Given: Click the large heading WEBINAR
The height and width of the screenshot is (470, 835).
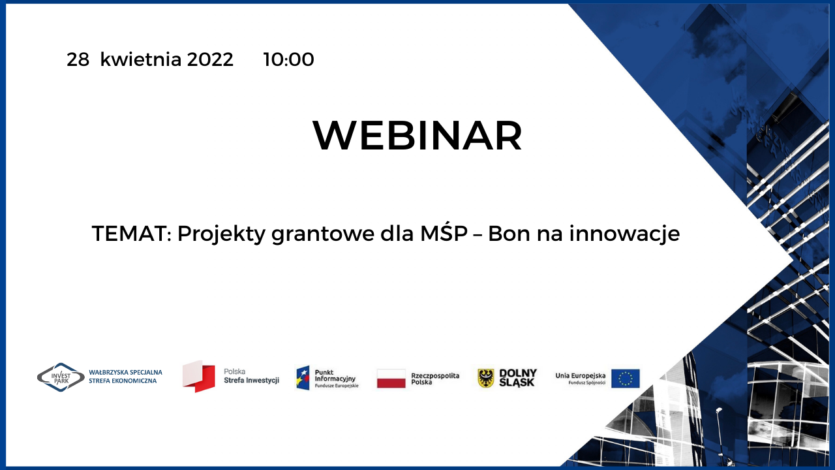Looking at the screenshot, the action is [417, 135].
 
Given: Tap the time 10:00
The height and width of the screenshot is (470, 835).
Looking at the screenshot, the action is [288, 59].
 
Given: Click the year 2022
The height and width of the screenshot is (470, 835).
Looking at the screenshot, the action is [210, 59].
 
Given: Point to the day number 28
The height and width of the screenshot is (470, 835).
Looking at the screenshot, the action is [78, 59].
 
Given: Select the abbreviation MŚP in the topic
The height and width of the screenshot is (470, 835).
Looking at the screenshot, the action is [444, 233].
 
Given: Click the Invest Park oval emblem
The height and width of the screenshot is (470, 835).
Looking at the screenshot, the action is [61, 377].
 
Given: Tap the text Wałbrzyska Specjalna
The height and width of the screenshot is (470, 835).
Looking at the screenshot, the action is [126, 372].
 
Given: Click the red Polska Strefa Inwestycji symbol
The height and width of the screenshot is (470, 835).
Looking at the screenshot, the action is [199, 377].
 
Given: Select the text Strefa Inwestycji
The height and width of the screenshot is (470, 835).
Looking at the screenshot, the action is [252, 381].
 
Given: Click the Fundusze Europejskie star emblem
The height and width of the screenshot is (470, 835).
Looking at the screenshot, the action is [303, 378].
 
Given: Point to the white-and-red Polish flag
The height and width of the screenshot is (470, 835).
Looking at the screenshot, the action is [391, 379].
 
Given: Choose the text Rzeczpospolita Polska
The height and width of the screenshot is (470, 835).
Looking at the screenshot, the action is [435, 379].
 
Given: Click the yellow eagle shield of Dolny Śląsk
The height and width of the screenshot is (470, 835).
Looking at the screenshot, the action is [486, 378].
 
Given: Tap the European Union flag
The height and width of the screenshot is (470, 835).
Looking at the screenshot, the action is [626, 379].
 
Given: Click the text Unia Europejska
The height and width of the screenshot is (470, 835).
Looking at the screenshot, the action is [580, 375].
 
